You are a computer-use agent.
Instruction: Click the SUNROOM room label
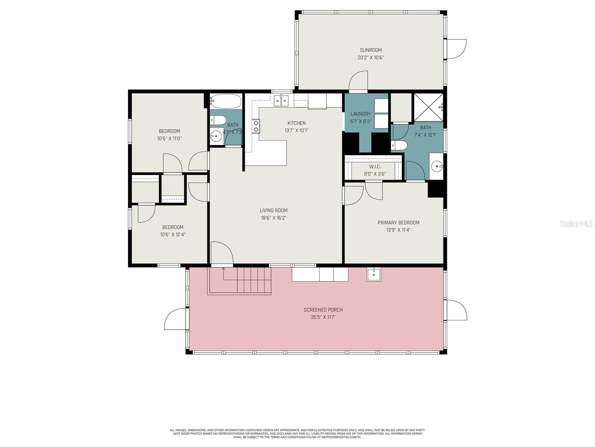pos(370,50)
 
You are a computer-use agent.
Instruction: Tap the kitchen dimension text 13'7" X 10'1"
pos(296,130)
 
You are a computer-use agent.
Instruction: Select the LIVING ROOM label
pos(273,210)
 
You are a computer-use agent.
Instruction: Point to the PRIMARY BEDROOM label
pos(398,222)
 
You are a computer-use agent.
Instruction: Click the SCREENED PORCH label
pos(323,310)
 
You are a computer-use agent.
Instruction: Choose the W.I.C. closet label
pos(375,167)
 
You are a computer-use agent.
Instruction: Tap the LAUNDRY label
pos(360,114)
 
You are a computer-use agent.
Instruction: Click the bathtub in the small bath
pos(226,101)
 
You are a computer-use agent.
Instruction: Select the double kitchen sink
pos(281,101)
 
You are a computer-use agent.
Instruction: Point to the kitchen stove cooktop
pos(255,126)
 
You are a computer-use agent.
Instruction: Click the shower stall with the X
pos(428,107)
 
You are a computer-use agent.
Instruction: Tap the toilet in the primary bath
pos(399,146)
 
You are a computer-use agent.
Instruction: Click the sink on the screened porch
pos(373,275)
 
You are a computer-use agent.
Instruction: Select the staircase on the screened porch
pos(239,281)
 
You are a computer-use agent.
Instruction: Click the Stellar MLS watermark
pos(576,223)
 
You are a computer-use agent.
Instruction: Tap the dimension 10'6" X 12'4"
pos(173,235)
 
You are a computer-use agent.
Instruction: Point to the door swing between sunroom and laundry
pos(358,80)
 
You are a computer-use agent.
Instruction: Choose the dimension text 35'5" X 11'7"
pos(323,317)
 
